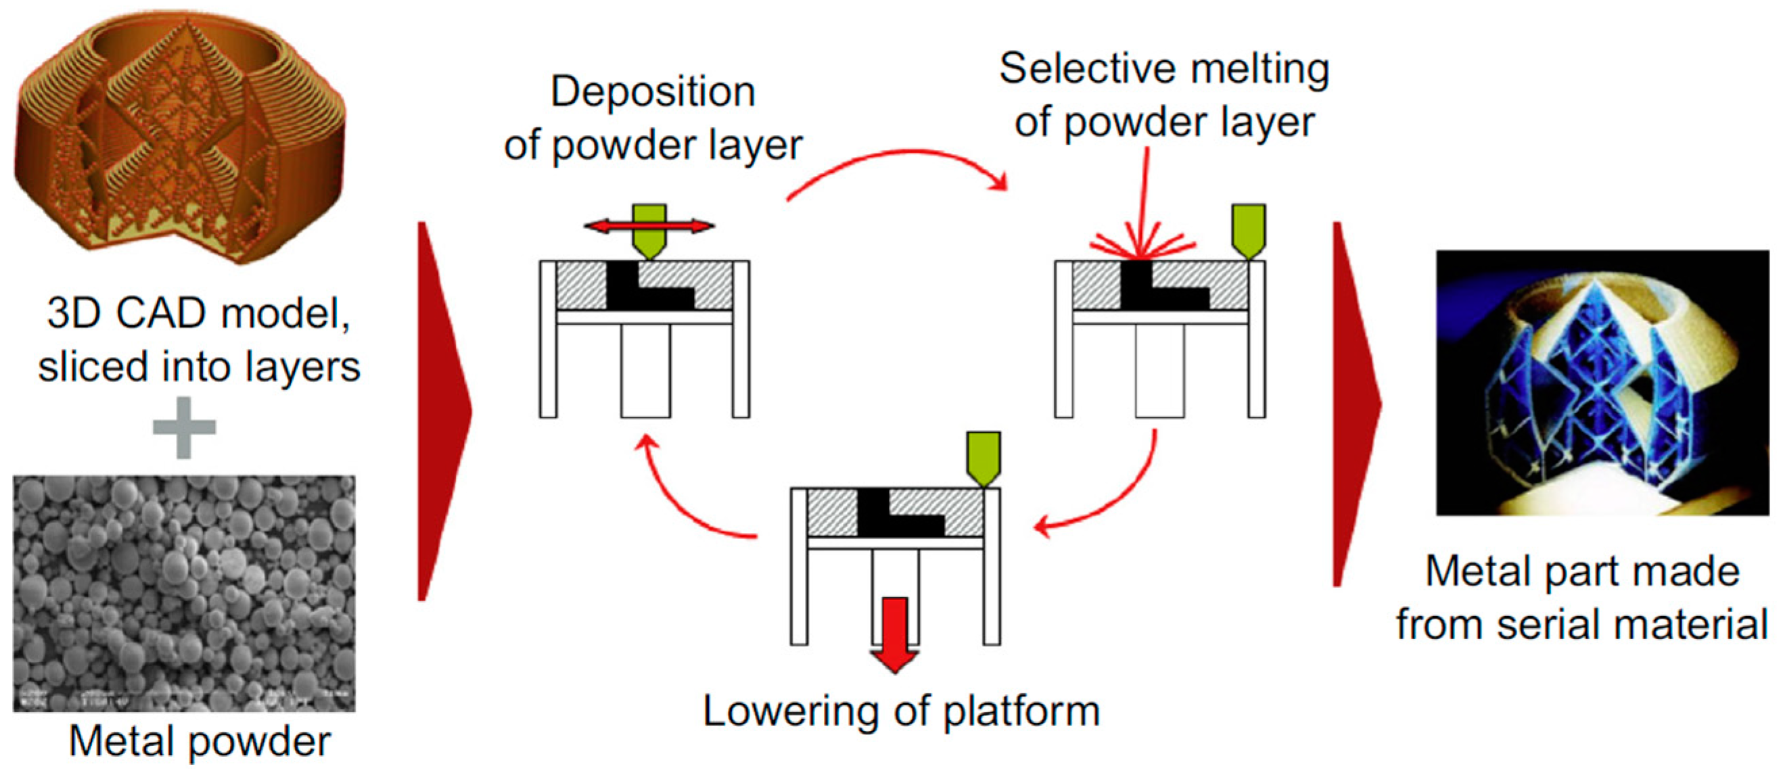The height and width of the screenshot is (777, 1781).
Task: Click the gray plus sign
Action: pos(184,427)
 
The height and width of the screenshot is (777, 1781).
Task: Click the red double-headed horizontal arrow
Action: pos(649,225)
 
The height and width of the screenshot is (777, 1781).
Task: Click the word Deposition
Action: pos(653,93)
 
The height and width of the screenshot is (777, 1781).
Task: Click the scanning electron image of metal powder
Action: pos(184,593)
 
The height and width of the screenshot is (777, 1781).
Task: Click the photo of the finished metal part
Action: pos(1602,382)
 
